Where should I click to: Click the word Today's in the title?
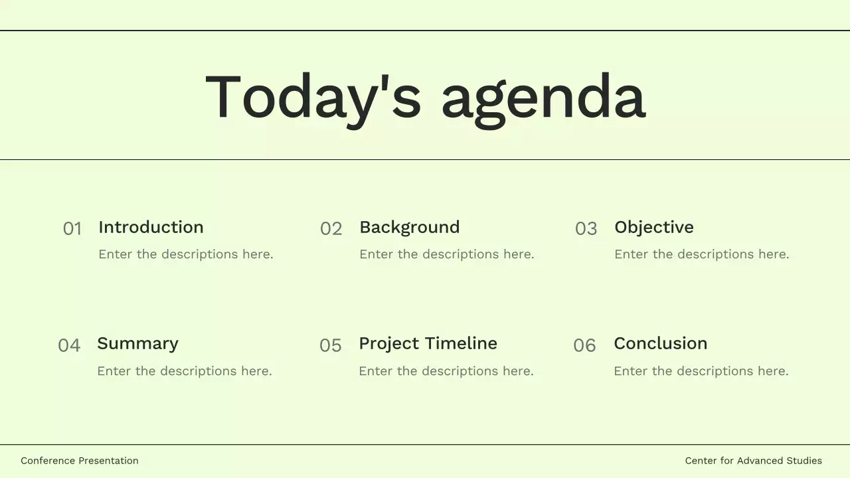[313, 97]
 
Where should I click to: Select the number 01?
[72, 229]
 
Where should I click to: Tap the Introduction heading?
[151, 227]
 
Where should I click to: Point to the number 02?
[331, 229]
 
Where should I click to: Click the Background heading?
[409, 227]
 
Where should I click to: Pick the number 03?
[586, 229]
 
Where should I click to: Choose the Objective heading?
[653, 227]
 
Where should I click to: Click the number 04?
[69, 345]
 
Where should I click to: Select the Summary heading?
[137, 343]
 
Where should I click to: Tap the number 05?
[331, 345]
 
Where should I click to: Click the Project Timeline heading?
[428, 343]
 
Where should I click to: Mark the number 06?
[584, 345]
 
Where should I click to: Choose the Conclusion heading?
[660, 343]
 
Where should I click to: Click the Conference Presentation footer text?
[80, 461]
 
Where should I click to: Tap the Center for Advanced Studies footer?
[753, 461]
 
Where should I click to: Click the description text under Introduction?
[185, 254]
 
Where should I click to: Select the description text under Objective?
[701, 254]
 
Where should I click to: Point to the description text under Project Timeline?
[446, 371]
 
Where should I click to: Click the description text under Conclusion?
[701, 371]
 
